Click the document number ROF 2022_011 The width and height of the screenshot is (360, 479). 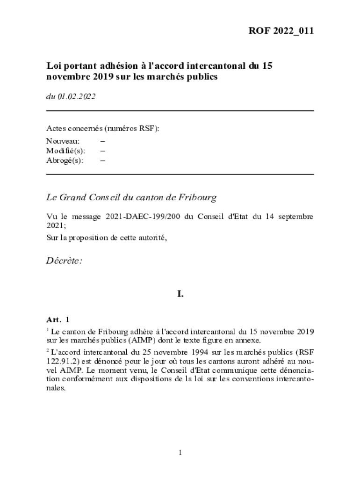[x=281, y=31]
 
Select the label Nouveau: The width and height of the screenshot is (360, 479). [x=63, y=140]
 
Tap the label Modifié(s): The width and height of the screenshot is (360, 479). [x=65, y=150]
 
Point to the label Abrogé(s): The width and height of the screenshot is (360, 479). [x=65, y=160]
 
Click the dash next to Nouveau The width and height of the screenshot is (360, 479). [x=102, y=140]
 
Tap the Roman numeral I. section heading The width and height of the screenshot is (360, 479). [x=180, y=294]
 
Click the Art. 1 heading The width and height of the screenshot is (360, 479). [x=58, y=320]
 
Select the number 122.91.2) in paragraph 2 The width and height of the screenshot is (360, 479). [x=60, y=361]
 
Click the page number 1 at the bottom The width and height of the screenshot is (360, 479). [x=180, y=452]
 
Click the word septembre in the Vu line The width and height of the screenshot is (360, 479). [x=294, y=217]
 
